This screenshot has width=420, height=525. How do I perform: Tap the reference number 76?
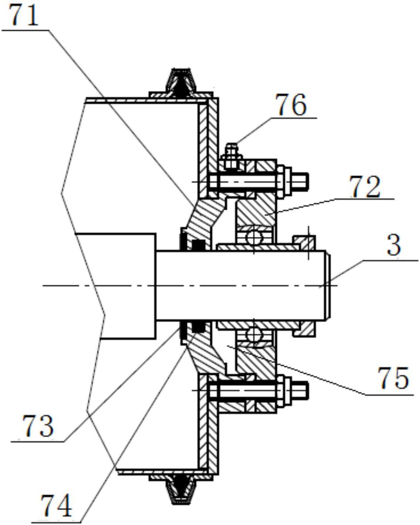click(291, 105)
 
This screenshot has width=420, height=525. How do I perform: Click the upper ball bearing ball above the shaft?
click(254, 237)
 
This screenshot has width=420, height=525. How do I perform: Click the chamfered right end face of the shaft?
click(328, 286)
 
